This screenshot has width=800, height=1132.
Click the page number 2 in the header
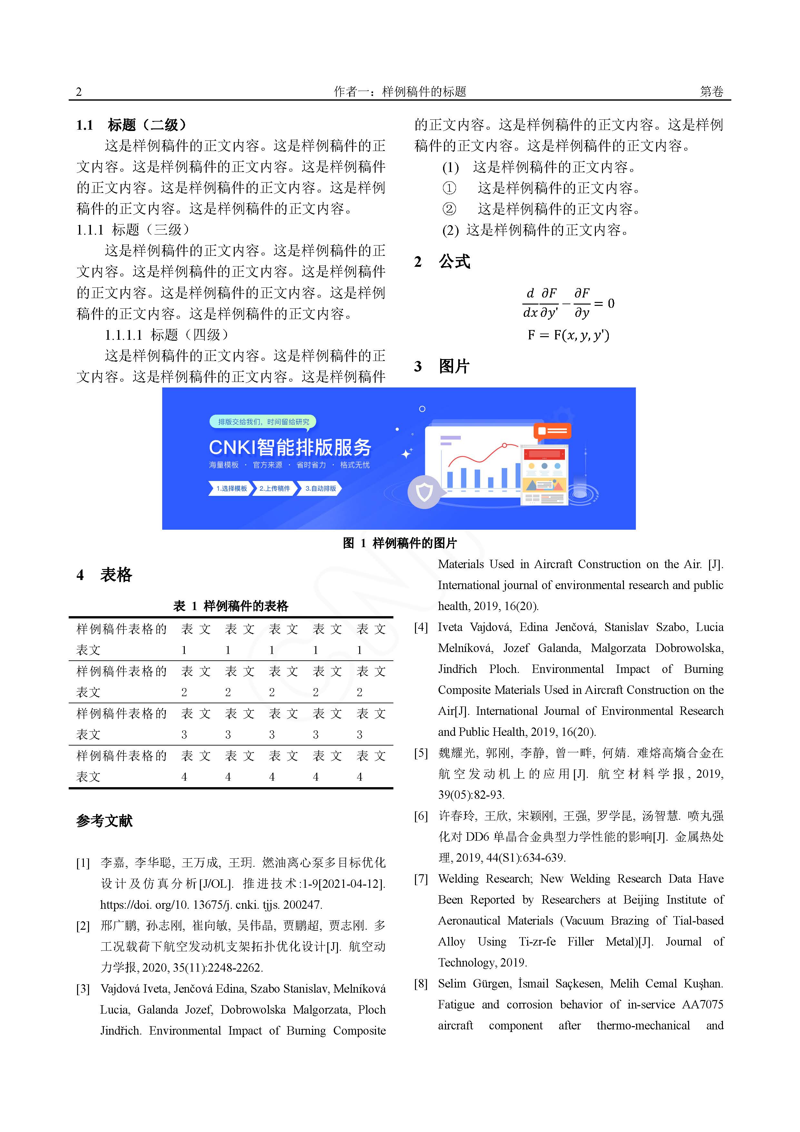click(79, 92)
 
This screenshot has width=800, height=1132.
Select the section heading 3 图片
click(442, 366)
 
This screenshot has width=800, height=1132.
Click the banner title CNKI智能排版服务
click(290, 447)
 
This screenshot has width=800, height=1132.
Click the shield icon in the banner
click(424, 492)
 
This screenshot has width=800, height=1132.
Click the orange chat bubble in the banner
click(552, 431)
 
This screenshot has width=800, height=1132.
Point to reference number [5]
click(421, 753)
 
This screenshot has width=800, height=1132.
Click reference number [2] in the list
click(83, 926)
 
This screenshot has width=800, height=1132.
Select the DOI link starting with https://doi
click(211, 905)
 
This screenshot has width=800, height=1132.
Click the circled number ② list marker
click(449, 209)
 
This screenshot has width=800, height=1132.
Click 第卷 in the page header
click(711, 92)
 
